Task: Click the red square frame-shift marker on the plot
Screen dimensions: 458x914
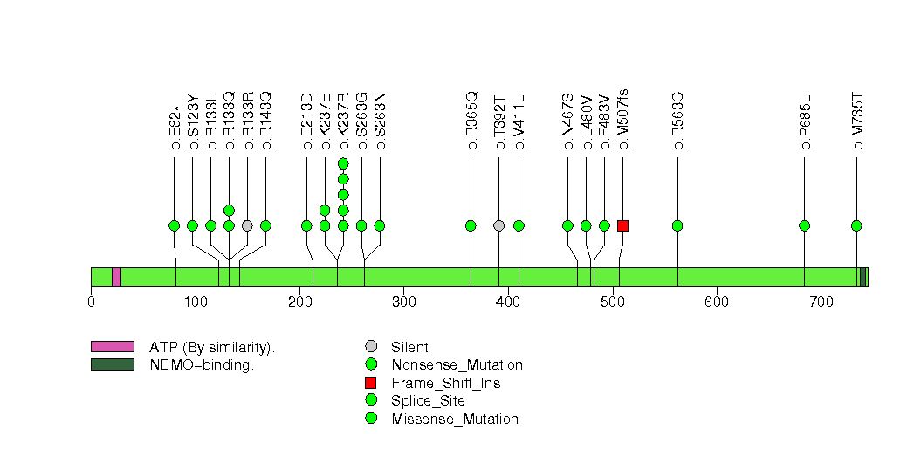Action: click(x=622, y=226)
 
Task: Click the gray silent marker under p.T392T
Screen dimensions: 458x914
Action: click(x=498, y=226)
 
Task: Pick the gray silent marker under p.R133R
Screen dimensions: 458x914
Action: click(x=247, y=226)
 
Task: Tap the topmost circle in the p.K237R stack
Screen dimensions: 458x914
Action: click(x=343, y=163)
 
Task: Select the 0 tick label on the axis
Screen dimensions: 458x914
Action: click(x=91, y=302)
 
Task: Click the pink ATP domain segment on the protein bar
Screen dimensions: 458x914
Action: click(x=116, y=277)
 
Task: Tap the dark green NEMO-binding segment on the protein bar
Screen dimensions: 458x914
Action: click(x=862, y=277)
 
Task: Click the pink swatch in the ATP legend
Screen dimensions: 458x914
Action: click(x=112, y=347)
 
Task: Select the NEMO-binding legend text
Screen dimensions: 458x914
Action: click(x=202, y=365)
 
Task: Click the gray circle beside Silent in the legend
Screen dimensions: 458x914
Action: click(x=371, y=347)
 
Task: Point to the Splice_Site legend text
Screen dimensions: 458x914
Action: click(x=428, y=401)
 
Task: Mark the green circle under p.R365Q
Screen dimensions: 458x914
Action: click(x=471, y=226)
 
